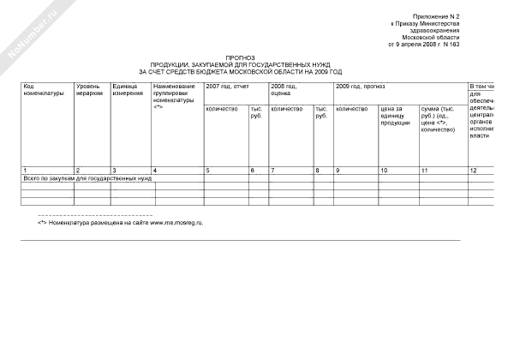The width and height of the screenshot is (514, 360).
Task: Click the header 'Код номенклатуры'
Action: [x=43, y=90]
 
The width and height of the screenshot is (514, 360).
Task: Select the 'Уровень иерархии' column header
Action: [x=89, y=90]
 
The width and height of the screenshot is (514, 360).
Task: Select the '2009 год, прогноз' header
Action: [x=361, y=87]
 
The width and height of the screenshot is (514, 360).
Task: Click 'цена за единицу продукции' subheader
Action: [x=397, y=116]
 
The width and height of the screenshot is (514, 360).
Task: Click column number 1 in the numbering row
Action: [x=25, y=171]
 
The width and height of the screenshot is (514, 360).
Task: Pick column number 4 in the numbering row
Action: [x=155, y=171]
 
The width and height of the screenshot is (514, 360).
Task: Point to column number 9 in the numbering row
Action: [x=338, y=171]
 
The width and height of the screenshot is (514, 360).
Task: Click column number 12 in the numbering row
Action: [x=474, y=171]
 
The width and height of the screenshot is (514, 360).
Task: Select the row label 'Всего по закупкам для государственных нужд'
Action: [x=87, y=178]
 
